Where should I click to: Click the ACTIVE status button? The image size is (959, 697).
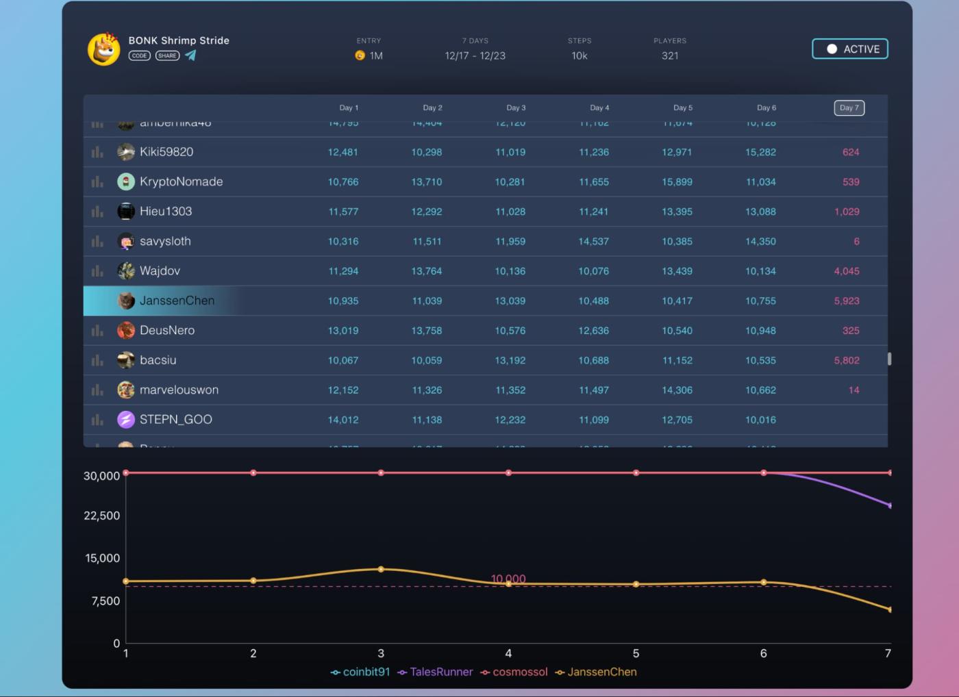tap(850, 49)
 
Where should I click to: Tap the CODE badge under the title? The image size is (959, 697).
tap(140, 55)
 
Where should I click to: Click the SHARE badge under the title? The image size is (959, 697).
tap(167, 55)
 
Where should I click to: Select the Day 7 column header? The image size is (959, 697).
tap(849, 107)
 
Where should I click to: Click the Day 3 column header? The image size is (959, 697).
tap(516, 107)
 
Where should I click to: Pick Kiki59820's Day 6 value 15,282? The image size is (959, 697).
tap(760, 152)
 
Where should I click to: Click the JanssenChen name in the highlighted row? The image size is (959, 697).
tap(177, 301)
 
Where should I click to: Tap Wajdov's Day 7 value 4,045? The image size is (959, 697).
tap(847, 271)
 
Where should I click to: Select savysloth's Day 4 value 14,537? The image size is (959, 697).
tap(593, 241)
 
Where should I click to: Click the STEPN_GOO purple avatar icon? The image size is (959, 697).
tap(126, 419)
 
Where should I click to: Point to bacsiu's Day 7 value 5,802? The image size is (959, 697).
tap(847, 360)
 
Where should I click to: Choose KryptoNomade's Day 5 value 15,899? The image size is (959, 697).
tap(677, 182)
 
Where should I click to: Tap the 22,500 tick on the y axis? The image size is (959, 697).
tap(101, 516)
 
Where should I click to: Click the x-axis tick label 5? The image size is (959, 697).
tap(636, 653)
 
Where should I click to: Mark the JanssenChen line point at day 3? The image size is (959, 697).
tap(381, 569)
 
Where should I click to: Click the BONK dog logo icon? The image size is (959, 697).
tap(104, 49)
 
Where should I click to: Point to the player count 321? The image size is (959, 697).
tap(670, 55)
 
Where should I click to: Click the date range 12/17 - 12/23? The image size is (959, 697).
tap(475, 55)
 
